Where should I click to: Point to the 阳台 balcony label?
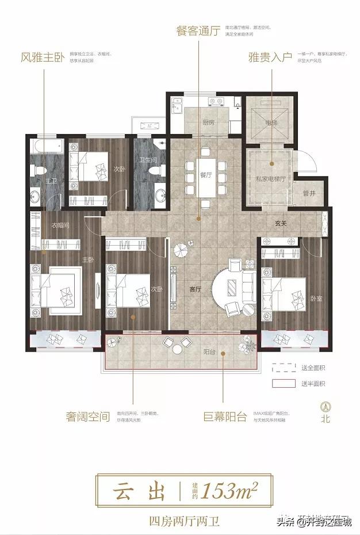(209, 351)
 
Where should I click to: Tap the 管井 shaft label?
(308, 193)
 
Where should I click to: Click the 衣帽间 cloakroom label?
(60, 226)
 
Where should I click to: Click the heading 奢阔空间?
(87, 416)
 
